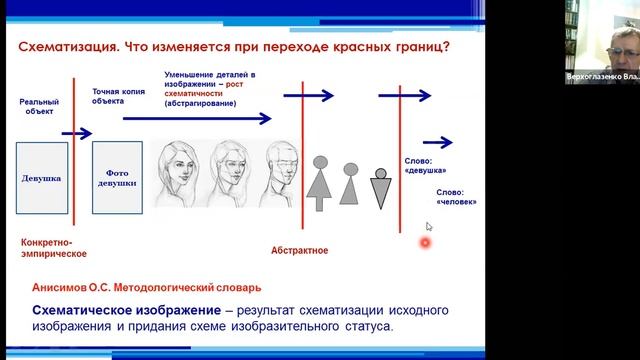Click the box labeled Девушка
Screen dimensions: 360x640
(41, 179)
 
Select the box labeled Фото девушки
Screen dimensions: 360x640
(117, 179)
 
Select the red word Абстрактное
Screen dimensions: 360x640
(300, 250)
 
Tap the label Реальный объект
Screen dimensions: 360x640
(39, 108)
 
